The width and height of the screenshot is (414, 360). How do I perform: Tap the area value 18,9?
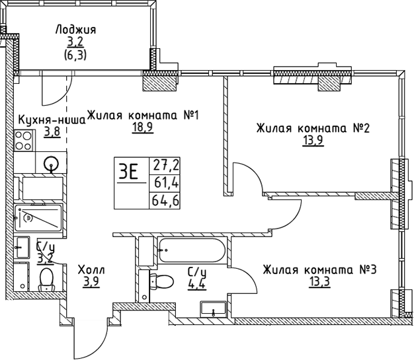(142, 128)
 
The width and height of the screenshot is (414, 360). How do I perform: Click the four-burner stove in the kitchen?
(24, 141)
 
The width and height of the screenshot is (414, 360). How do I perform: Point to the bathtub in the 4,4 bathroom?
(192, 252)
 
